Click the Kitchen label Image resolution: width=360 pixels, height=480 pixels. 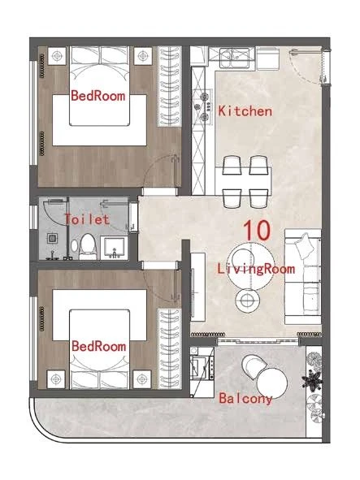(245, 111)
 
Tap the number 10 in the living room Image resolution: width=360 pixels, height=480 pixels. (257, 230)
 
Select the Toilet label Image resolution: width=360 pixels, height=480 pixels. (87, 219)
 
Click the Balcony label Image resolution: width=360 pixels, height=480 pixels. (245, 399)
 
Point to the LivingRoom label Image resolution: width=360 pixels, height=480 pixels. (256, 269)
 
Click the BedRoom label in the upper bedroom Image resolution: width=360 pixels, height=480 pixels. (98, 96)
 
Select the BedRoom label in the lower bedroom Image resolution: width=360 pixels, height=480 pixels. (98, 346)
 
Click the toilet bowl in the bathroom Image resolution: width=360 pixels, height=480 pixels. (87, 246)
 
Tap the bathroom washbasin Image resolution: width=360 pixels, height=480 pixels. (114, 249)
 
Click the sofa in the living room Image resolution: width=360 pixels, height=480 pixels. (302, 276)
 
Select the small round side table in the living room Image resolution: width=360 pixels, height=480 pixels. (248, 301)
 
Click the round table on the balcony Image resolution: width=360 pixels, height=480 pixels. (272, 383)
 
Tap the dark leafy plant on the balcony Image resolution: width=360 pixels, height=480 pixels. (312, 380)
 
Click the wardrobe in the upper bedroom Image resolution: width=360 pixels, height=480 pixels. (169, 87)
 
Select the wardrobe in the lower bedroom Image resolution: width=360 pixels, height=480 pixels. (169, 349)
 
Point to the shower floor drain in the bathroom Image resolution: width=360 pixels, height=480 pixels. (52, 238)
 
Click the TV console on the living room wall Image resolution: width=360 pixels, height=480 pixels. (197, 287)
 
